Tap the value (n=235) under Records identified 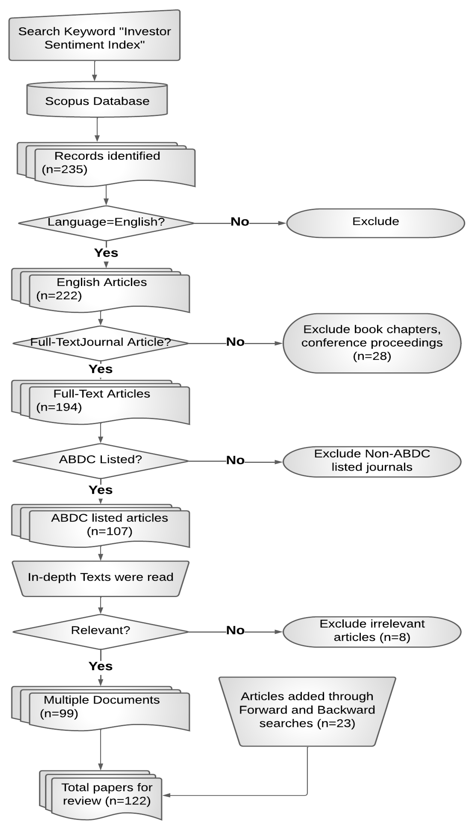(x=65, y=169)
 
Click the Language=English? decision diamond (x=106, y=222)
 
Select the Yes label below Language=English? (x=106, y=253)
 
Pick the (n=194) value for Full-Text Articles (x=59, y=407)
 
